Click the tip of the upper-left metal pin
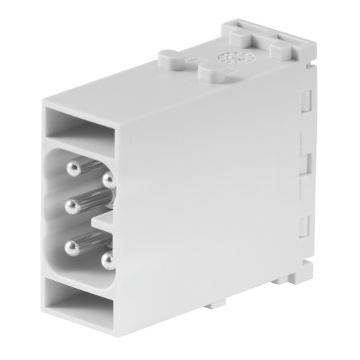click(x=75, y=168)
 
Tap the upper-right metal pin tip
click(x=108, y=177)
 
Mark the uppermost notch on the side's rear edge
click(x=305, y=102)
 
